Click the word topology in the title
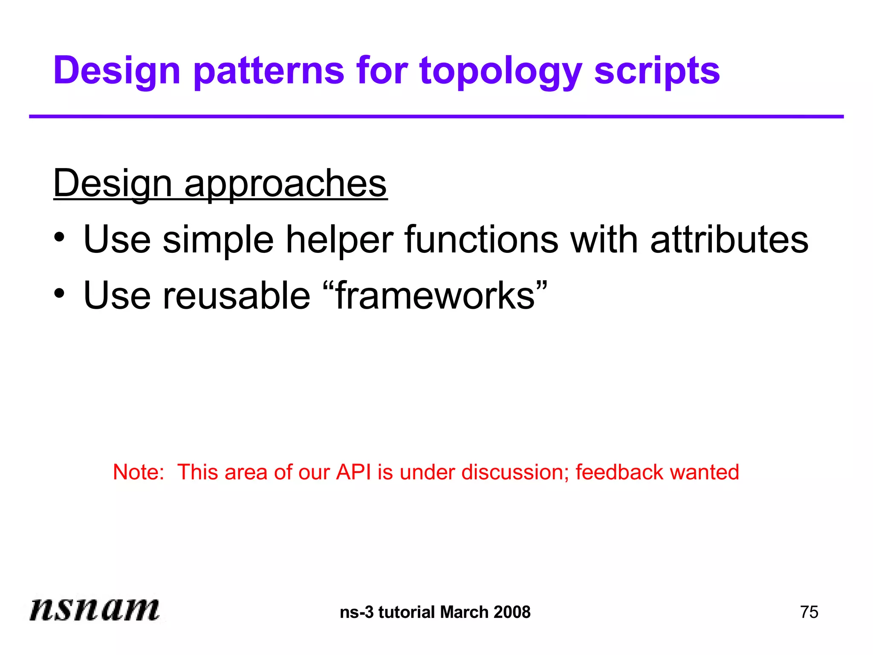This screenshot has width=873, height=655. pyautogui.click(x=500, y=71)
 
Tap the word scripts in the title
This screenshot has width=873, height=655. pyautogui.click(x=657, y=71)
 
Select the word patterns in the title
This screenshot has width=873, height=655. pyautogui.click(x=269, y=71)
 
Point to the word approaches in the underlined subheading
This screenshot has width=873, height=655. pyautogui.click(x=285, y=184)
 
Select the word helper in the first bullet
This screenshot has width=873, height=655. pyautogui.click(x=339, y=240)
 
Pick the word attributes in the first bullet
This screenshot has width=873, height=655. pyautogui.click(x=729, y=240)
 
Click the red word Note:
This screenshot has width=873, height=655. pyautogui.click(x=139, y=472)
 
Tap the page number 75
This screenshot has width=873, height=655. pyautogui.click(x=809, y=612)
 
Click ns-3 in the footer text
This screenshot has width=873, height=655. pyautogui.click(x=357, y=612)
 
